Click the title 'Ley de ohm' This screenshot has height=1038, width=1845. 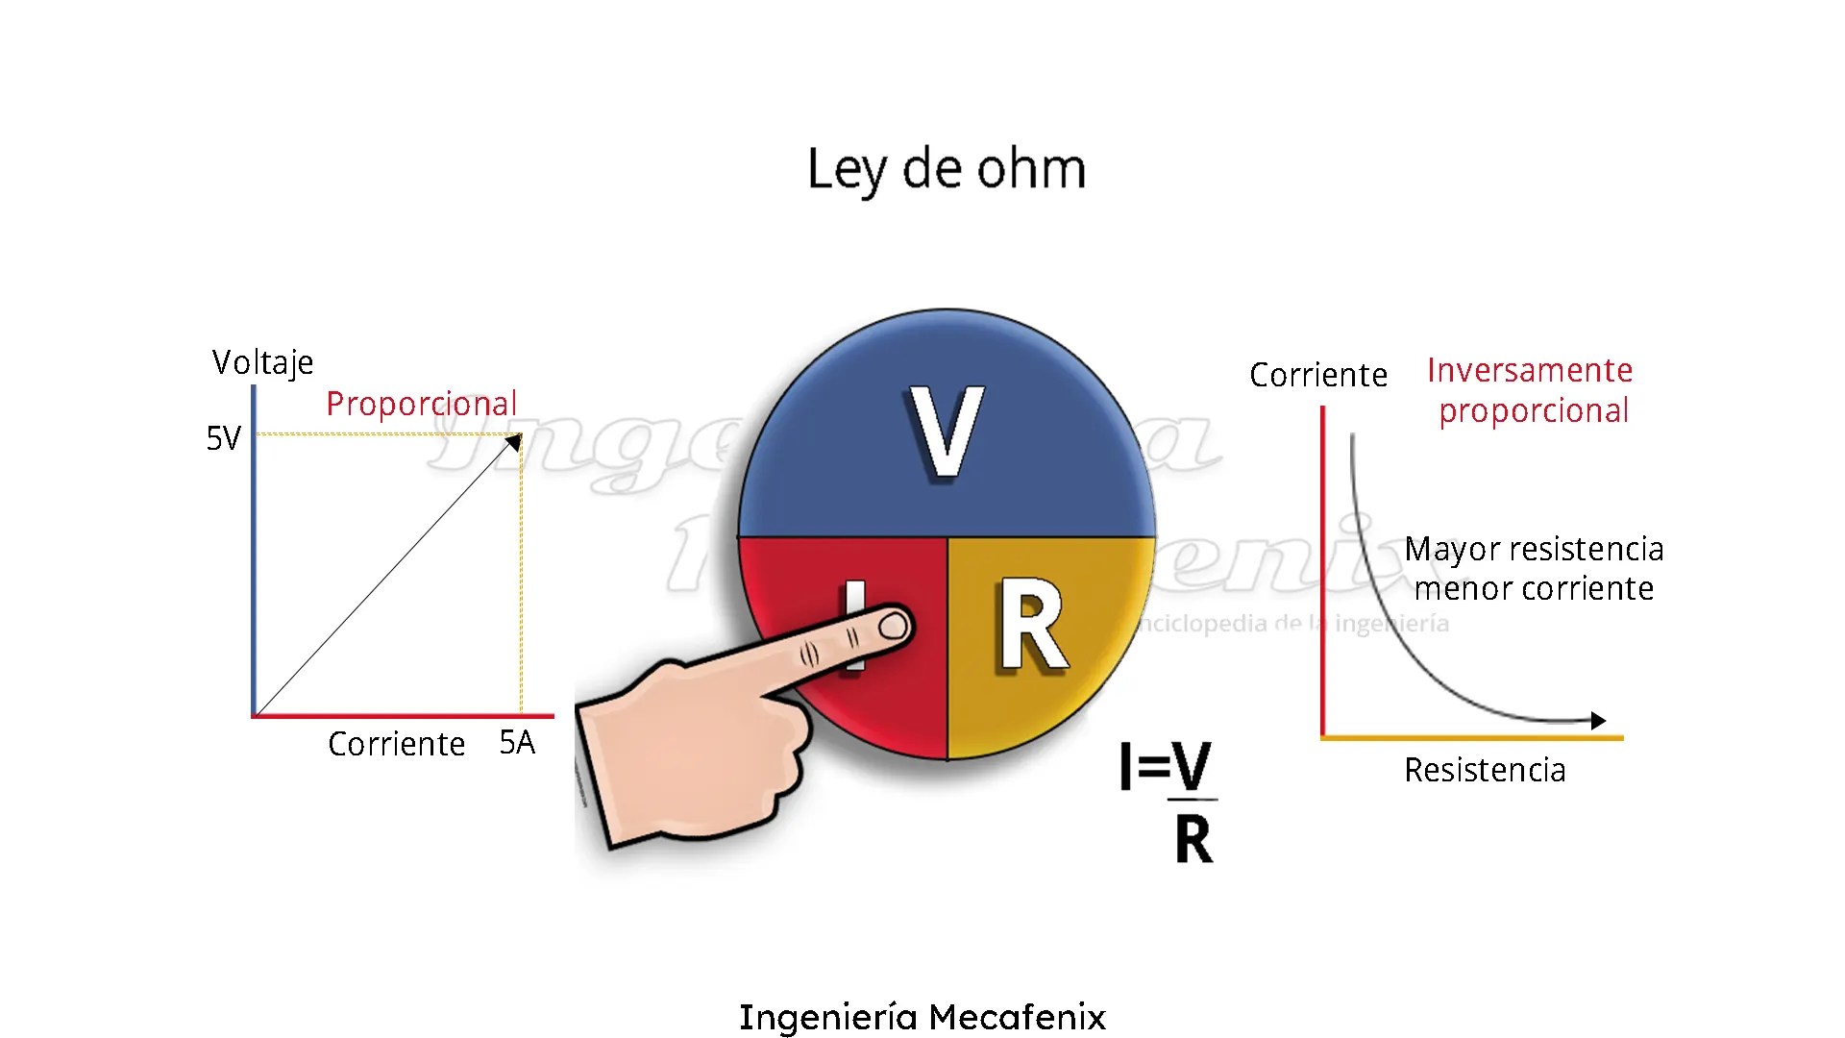click(x=947, y=170)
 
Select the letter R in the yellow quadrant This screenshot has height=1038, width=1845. click(x=1032, y=625)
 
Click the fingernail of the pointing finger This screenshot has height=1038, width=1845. click(x=894, y=627)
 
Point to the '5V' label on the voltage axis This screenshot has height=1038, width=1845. click(x=224, y=438)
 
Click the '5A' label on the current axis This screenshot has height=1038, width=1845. click(x=517, y=742)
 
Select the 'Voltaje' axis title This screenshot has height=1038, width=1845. click(x=262, y=363)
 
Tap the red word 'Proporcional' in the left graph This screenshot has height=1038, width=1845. click(x=421, y=404)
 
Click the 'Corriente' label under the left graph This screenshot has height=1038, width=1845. click(x=396, y=744)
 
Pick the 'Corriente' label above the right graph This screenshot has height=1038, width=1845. click(x=1317, y=375)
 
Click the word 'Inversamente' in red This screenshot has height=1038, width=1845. click(x=1530, y=370)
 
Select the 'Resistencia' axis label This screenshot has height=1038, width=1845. click(x=1485, y=770)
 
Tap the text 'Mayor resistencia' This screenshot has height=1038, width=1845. click(x=1534, y=549)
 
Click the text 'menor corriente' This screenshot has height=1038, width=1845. click(x=1534, y=588)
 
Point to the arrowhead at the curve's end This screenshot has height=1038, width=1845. click(x=1597, y=720)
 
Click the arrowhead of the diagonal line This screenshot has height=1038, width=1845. click(x=515, y=441)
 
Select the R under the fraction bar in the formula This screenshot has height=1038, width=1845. click(x=1193, y=839)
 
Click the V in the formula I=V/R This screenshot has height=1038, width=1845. click(x=1193, y=766)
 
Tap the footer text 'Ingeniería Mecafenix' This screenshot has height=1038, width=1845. click(x=922, y=1016)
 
